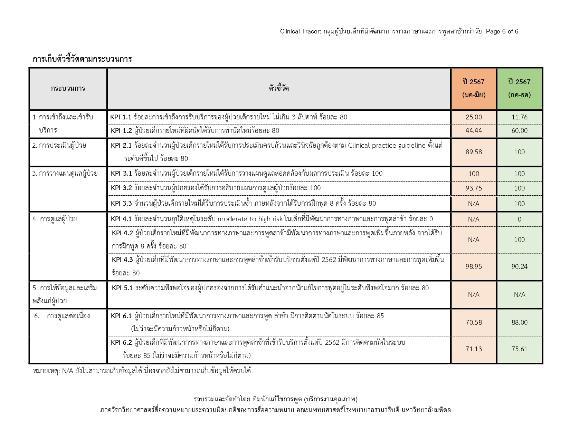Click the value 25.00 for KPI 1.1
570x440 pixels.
tap(474, 117)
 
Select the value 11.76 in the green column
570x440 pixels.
tap(519, 117)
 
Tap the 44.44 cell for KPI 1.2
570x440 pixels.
tap(474, 130)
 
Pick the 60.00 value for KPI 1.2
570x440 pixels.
tap(519, 130)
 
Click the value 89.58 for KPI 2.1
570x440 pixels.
tap(474, 152)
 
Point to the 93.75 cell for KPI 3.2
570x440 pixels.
tap(474, 188)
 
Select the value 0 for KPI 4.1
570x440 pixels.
tap(519, 219)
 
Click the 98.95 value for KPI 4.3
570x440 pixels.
tap(474, 266)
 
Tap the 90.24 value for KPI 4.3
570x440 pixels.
tap(519, 266)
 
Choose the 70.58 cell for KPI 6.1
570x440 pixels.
tap(474, 322)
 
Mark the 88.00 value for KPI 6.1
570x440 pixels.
tap(519, 322)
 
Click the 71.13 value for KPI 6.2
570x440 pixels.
tap(474, 349)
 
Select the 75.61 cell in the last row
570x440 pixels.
tap(519, 349)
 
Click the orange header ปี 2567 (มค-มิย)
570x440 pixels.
tap(474, 88)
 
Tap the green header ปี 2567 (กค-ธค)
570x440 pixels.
tap(519, 88)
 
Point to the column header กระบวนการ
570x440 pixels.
tap(68, 88)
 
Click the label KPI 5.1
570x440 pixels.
tap(122, 288)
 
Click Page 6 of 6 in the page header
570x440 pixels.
tap(502, 31)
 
